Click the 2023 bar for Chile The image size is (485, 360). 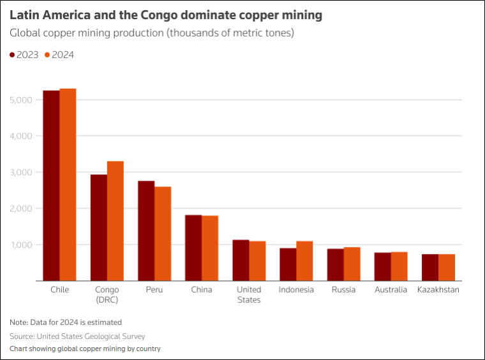51,185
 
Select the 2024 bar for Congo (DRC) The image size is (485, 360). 116,221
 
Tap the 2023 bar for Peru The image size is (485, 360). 146,230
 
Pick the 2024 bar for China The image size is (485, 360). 210,248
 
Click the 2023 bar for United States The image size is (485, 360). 241,260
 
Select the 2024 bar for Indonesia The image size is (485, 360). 304,261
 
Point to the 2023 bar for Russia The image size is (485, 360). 335,265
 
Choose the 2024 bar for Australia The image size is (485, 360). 399,266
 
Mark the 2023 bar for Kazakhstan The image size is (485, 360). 429,267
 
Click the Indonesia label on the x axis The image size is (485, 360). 296,289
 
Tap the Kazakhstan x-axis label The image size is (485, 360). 438,289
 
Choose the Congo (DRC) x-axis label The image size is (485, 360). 107,294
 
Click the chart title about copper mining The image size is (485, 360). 166,13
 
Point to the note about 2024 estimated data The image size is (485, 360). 66,322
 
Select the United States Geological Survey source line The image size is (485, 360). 77,336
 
